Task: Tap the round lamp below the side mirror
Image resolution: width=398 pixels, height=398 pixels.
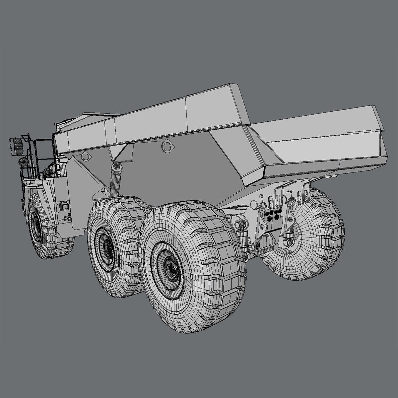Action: click(x=24, y=162)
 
